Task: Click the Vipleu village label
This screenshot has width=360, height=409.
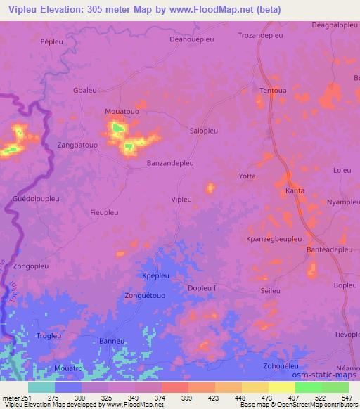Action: tap(181, 200)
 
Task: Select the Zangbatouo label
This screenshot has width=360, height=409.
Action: tap(78, 144)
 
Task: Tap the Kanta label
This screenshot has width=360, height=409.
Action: tap(295, 190)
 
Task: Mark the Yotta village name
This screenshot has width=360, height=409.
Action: tap(247, 176)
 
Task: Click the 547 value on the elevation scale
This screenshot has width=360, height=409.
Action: tap(347, 398)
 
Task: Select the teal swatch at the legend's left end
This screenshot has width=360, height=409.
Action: tap(41, 388)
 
